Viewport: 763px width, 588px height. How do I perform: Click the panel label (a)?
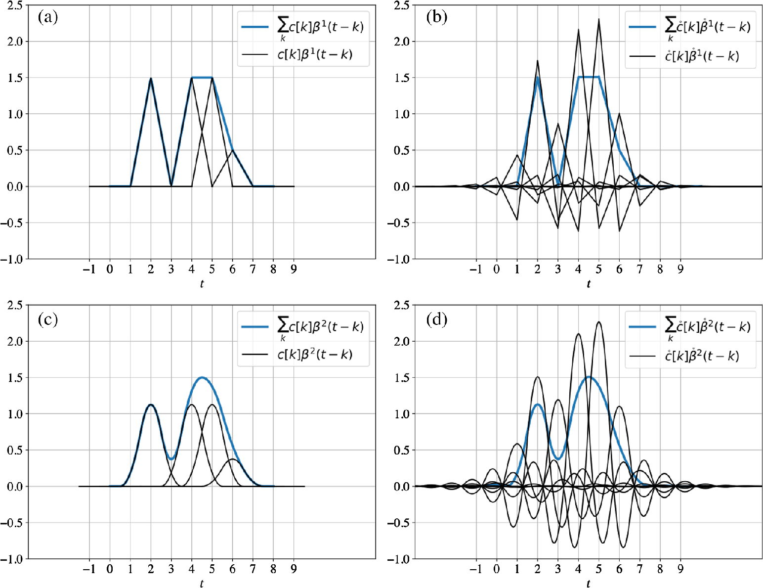[x=48, y=18]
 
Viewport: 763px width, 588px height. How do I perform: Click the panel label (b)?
[x=436, y=18]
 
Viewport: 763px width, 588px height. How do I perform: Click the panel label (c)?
[x=48, y=320]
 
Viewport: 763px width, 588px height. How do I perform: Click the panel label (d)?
[x=436, y=320]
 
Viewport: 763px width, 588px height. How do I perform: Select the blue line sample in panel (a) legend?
[x=255, y=27]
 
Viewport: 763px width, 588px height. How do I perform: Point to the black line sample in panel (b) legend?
[x=642, y=56]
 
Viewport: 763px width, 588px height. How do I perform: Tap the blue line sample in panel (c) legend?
[x=255, y=326]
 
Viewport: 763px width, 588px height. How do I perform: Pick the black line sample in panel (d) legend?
[x=642, y=356]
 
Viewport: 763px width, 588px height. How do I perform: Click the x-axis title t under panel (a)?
[x=202, y=284]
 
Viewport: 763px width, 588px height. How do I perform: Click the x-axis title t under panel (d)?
[x=588, y=584]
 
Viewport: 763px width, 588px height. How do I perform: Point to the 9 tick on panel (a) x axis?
[x=294, y=270]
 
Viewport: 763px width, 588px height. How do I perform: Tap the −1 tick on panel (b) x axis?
[x=475, y=270]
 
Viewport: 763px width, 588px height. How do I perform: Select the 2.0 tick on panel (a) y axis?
[x=15, y=42]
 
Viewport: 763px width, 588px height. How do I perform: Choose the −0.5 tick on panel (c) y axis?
[x=12, y=523]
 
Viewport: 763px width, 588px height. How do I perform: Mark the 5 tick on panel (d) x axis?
[x=599, y=569]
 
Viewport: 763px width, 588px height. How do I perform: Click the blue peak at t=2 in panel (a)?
[x=151, y=78]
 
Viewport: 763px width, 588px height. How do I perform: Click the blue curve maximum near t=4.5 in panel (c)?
[x=202, y=378]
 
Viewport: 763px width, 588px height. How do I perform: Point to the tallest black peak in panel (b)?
[x=599, y=20]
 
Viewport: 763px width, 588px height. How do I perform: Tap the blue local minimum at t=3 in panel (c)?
[x=171, y=459]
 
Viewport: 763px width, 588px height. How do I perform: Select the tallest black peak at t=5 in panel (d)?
[x=599, y=322]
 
